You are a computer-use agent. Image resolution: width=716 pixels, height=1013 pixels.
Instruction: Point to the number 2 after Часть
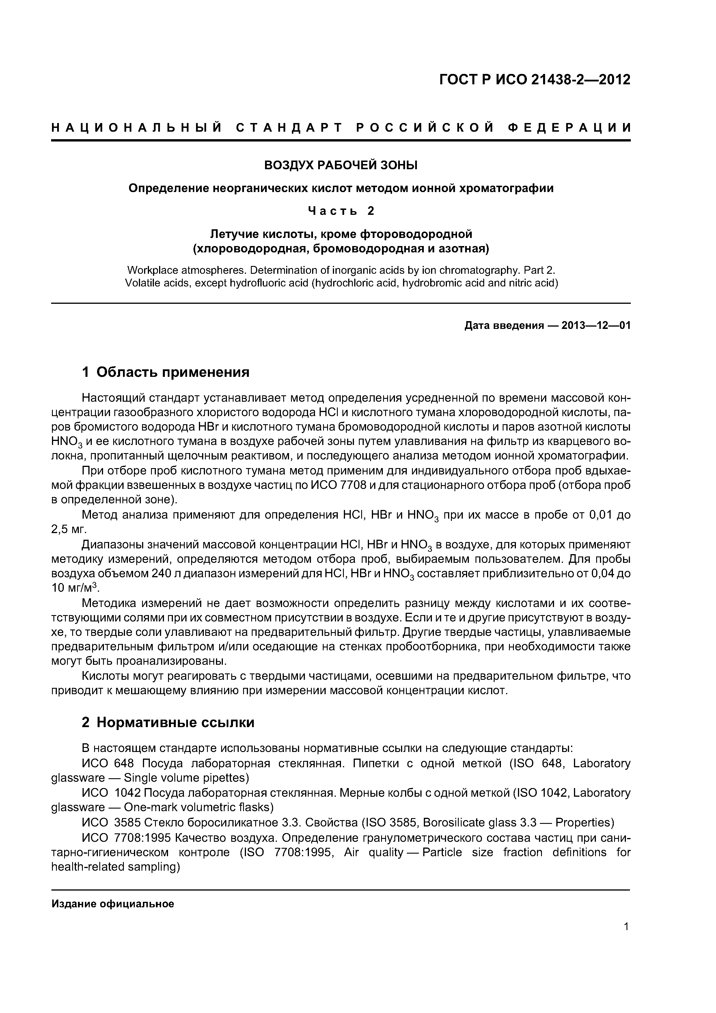pos(371,211)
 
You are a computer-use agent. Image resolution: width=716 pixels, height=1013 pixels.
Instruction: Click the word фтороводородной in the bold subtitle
pos(416,233)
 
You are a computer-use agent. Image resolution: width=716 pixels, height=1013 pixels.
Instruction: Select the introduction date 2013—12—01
pos(596,326)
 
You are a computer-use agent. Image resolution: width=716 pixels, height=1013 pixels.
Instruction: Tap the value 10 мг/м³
pos(75,588)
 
